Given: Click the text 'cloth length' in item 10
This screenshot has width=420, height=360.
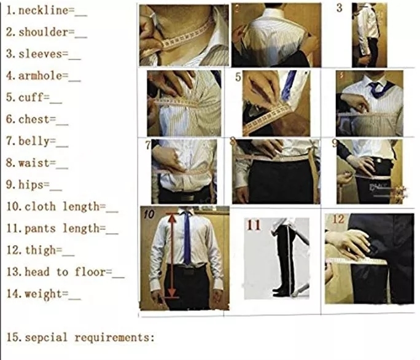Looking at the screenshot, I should coord(61,206).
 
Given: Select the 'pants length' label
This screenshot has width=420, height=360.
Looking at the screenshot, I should coord(61,229).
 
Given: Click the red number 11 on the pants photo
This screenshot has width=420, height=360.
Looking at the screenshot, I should coord(254,225).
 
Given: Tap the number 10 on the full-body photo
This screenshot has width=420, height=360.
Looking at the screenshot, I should coord(150,214).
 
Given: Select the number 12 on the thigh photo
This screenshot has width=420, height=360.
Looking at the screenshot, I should coord(338,219).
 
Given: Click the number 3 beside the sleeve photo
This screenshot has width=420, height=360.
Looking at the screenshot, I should coord(340,8).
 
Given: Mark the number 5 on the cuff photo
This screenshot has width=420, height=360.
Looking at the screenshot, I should coord(238,77).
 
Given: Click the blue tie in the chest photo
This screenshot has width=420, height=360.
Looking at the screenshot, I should coord(375,91).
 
